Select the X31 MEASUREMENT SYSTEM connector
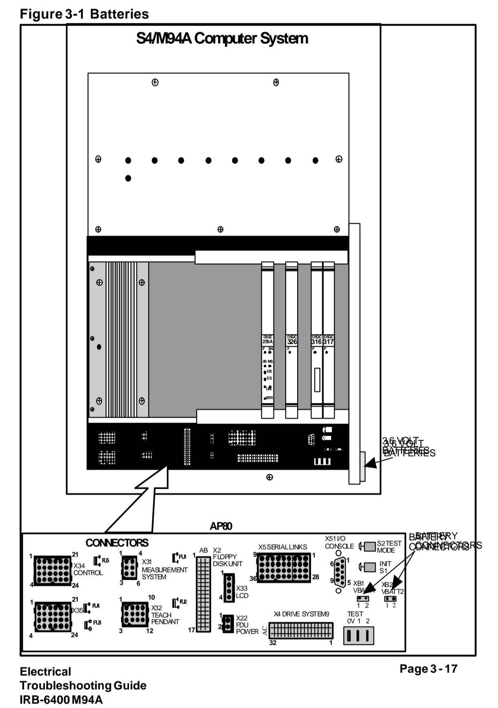point(129,568)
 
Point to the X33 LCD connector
point(229,588)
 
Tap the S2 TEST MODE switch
point(370,546)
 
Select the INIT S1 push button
point(370,567)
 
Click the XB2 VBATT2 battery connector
point(391,599)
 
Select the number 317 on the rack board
point(329,342)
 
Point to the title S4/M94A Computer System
point(222,38)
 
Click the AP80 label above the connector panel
point(221,526)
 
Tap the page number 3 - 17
point(429,669)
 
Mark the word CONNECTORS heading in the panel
point(117,543)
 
